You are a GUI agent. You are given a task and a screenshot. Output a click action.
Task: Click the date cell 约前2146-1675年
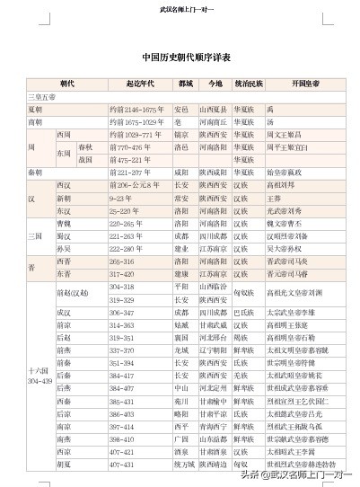pyautogui.click(x=136, y=109)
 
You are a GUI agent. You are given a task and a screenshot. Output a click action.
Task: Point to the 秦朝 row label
pyautogui.click(x=36, y=170)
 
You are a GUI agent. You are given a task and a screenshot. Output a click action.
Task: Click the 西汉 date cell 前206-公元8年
pyautogui.click(x=136, y=183)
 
